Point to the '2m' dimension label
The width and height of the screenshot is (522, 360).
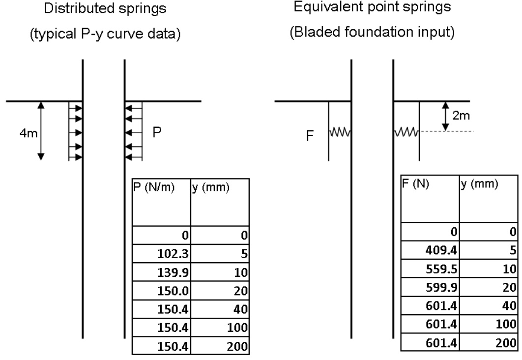(460, 117)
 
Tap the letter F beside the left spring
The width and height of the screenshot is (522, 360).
(310, 136)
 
